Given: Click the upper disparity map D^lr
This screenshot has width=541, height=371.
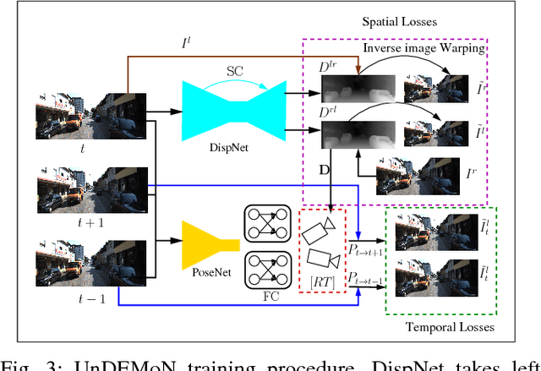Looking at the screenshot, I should pos(351,85).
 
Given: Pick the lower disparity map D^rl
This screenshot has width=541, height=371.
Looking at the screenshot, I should pos(351,134).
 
